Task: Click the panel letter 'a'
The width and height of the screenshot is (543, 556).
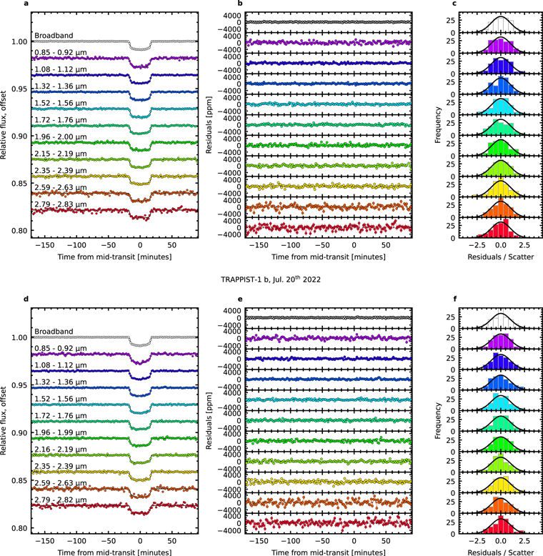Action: point(26,5)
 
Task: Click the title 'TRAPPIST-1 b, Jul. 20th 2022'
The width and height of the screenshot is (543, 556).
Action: point(271,279)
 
